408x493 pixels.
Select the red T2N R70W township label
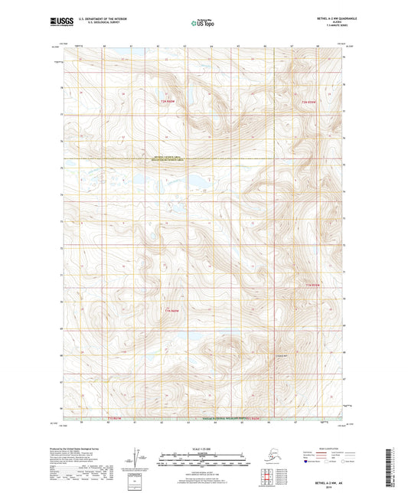tap(168, 101)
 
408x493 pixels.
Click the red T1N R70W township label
tap(171, 310)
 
